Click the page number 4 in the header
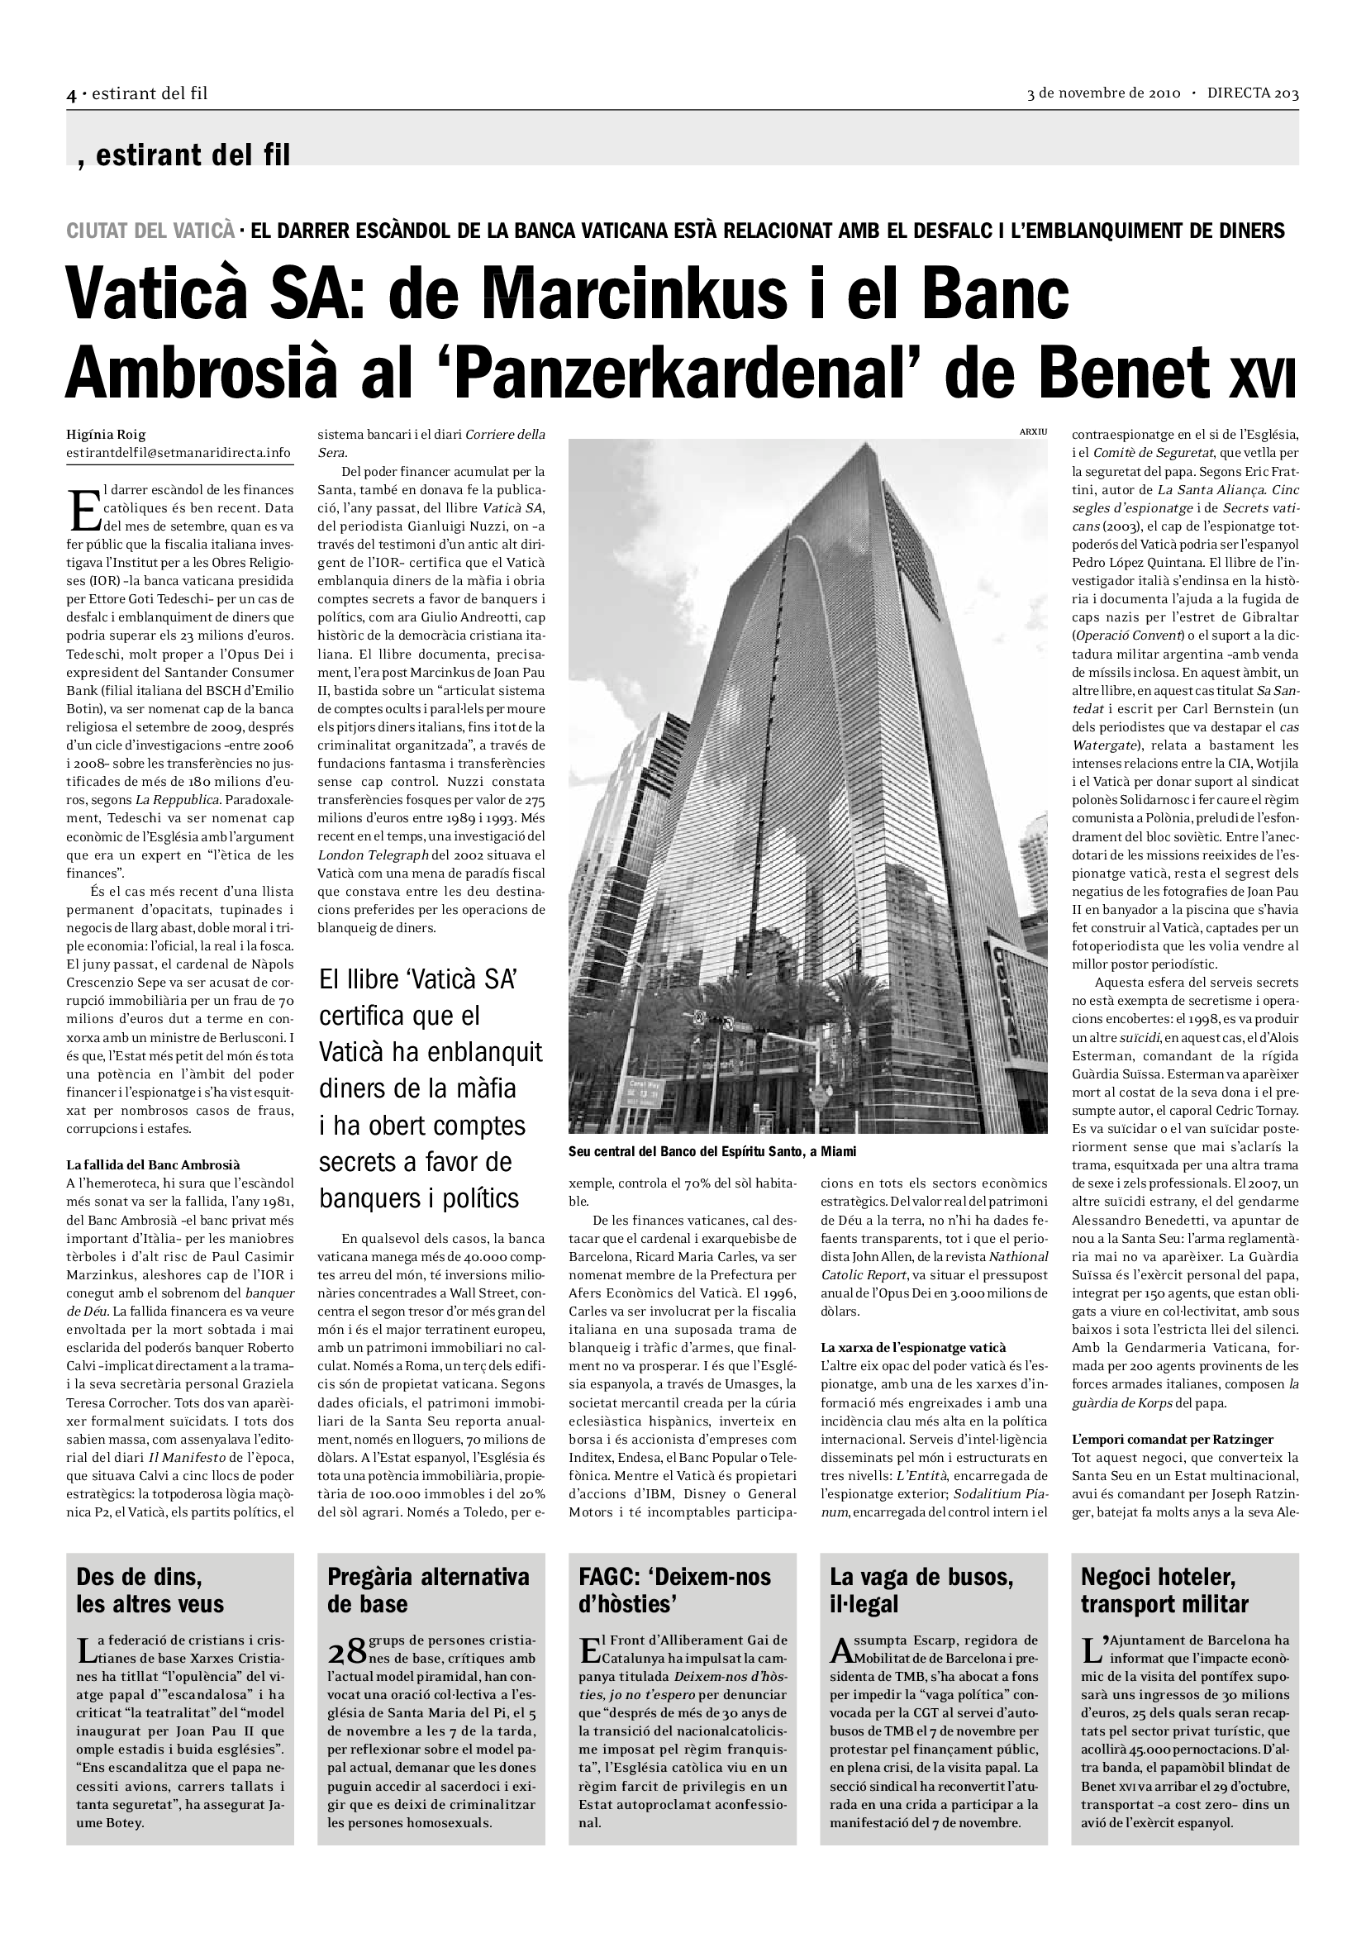point(72,94)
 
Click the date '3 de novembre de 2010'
point(1103,93)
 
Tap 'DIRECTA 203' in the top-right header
point(1253,93)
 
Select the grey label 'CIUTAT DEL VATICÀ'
point(150,230)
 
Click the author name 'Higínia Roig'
point(106,435)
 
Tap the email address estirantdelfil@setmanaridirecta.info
point(178,452)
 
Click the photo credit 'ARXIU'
point(1033,432)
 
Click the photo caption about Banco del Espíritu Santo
point(712,1151)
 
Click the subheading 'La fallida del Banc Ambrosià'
point(153,1164)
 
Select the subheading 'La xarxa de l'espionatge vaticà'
point(912,1347)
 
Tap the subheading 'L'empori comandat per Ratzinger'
point(1173,1439)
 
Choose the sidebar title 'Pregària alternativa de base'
point(428,1590)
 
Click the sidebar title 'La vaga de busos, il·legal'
point(921,1590)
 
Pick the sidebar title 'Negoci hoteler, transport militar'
point(1164,1590)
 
